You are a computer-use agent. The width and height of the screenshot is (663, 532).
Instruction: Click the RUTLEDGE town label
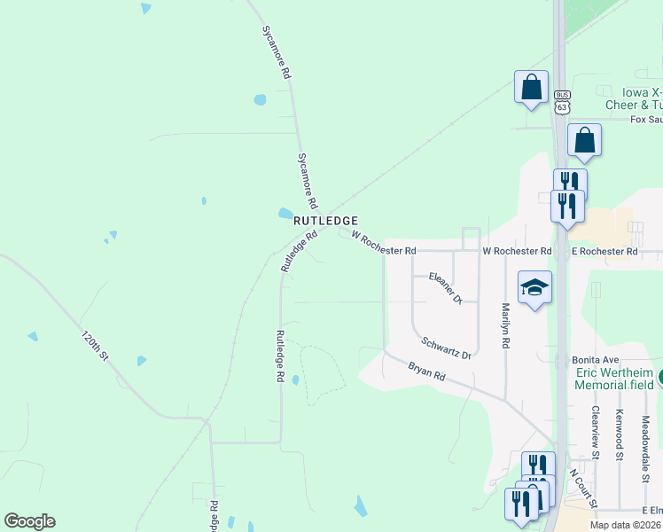[x=325, y=220]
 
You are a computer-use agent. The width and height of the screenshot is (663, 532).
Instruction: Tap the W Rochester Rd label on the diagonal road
[x=384, y=244]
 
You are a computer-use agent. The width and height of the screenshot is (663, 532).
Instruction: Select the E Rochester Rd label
[x=604, y=252]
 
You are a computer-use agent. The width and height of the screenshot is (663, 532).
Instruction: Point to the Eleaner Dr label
[x=446, y=288]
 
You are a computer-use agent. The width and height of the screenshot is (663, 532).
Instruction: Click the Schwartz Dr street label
[x=446, y=347]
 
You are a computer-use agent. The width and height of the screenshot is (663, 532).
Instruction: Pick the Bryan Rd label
[x=426, y=371]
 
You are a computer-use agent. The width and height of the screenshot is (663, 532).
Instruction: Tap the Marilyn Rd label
[x=505, y=325]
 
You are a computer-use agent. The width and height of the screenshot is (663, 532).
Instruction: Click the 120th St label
[x=94, y=346]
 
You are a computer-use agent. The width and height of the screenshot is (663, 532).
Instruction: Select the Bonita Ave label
[x=594, y=360]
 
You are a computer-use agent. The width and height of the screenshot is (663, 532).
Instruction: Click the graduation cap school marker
[x=534, y=287]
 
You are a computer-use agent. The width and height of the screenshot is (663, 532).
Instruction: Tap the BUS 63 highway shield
[x=561, y=102]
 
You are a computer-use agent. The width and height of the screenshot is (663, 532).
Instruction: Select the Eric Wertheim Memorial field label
[x=613, y=379]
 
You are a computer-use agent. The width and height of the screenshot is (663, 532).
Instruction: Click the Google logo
[x=29, y=521]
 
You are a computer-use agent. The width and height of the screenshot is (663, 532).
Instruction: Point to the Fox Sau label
[x=646, y=120]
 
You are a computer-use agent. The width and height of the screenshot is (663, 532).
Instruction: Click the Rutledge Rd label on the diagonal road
[x=299, y=252]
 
